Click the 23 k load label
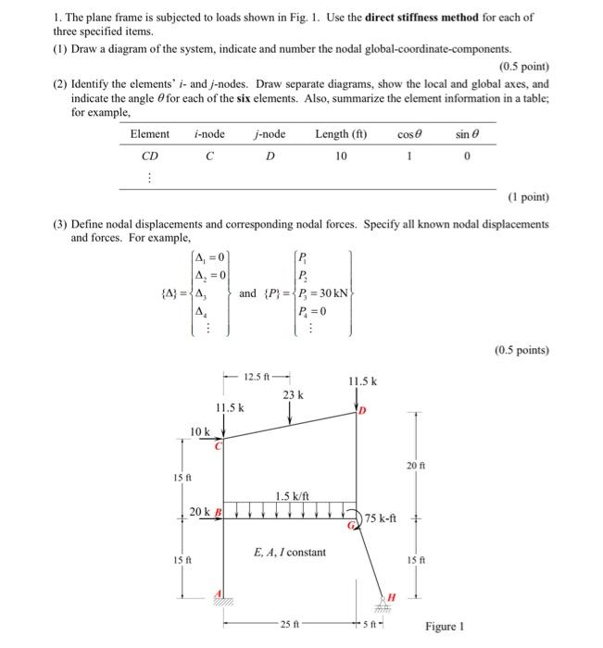tap(293, 395)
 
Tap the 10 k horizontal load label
tap(200, 431)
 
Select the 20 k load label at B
tap(200, 512)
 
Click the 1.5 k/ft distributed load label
tap(293, 496)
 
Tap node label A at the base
tap(219, 593)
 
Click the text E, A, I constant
tap(290, 553)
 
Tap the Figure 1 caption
tap(445, 627)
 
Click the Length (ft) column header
tap(341, 134)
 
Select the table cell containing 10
tap(341, 156)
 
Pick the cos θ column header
tap(408, 134)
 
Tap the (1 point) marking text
tap(528, 198)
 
